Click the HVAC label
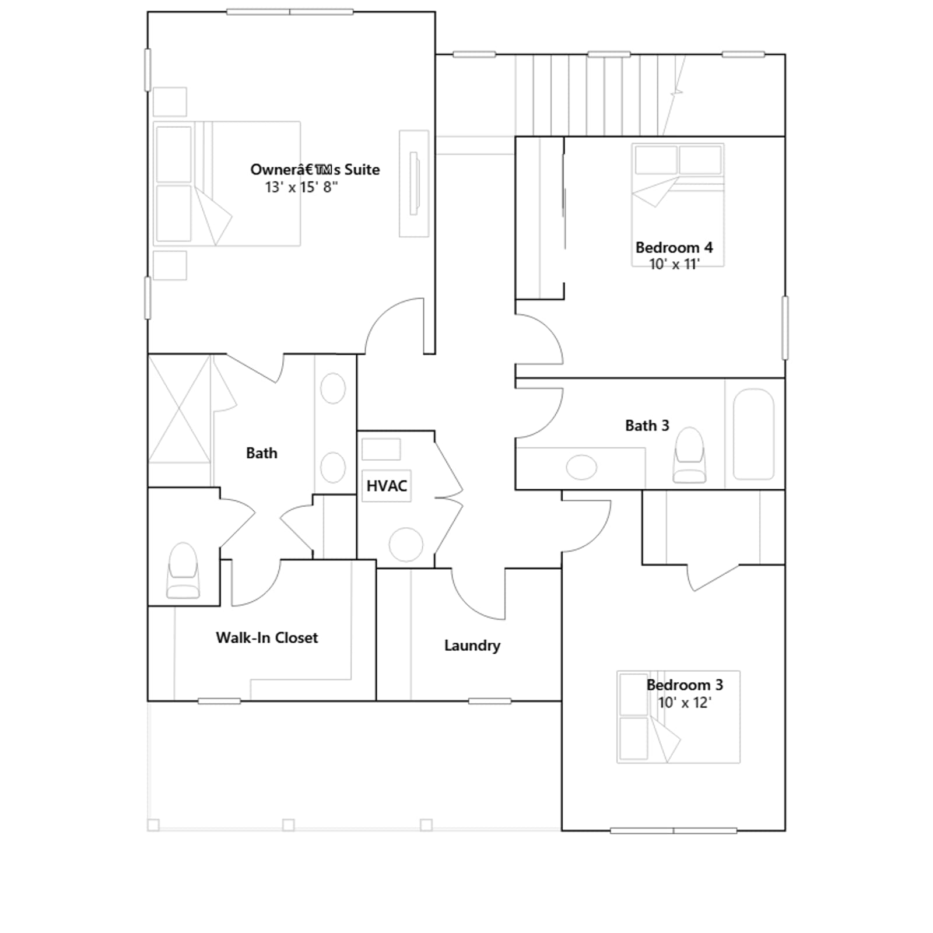click(387, 486)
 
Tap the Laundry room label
click(472, 646)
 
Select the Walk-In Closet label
click(267, 638)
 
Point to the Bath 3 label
click(647, 426)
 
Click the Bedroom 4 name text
click(674, 247)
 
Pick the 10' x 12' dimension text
click(685, 703)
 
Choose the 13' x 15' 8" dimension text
click(301, 187)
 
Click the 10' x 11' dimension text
click(674, 264)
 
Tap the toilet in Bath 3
click(689, 455)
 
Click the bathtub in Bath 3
click(753, 434)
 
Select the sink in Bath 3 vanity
click(581, 467)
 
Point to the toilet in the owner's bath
click(183, 570)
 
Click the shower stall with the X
click(180, 409)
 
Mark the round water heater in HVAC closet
click(406, 545)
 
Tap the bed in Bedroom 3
click(679, 717)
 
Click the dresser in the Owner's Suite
click(414, 184)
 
